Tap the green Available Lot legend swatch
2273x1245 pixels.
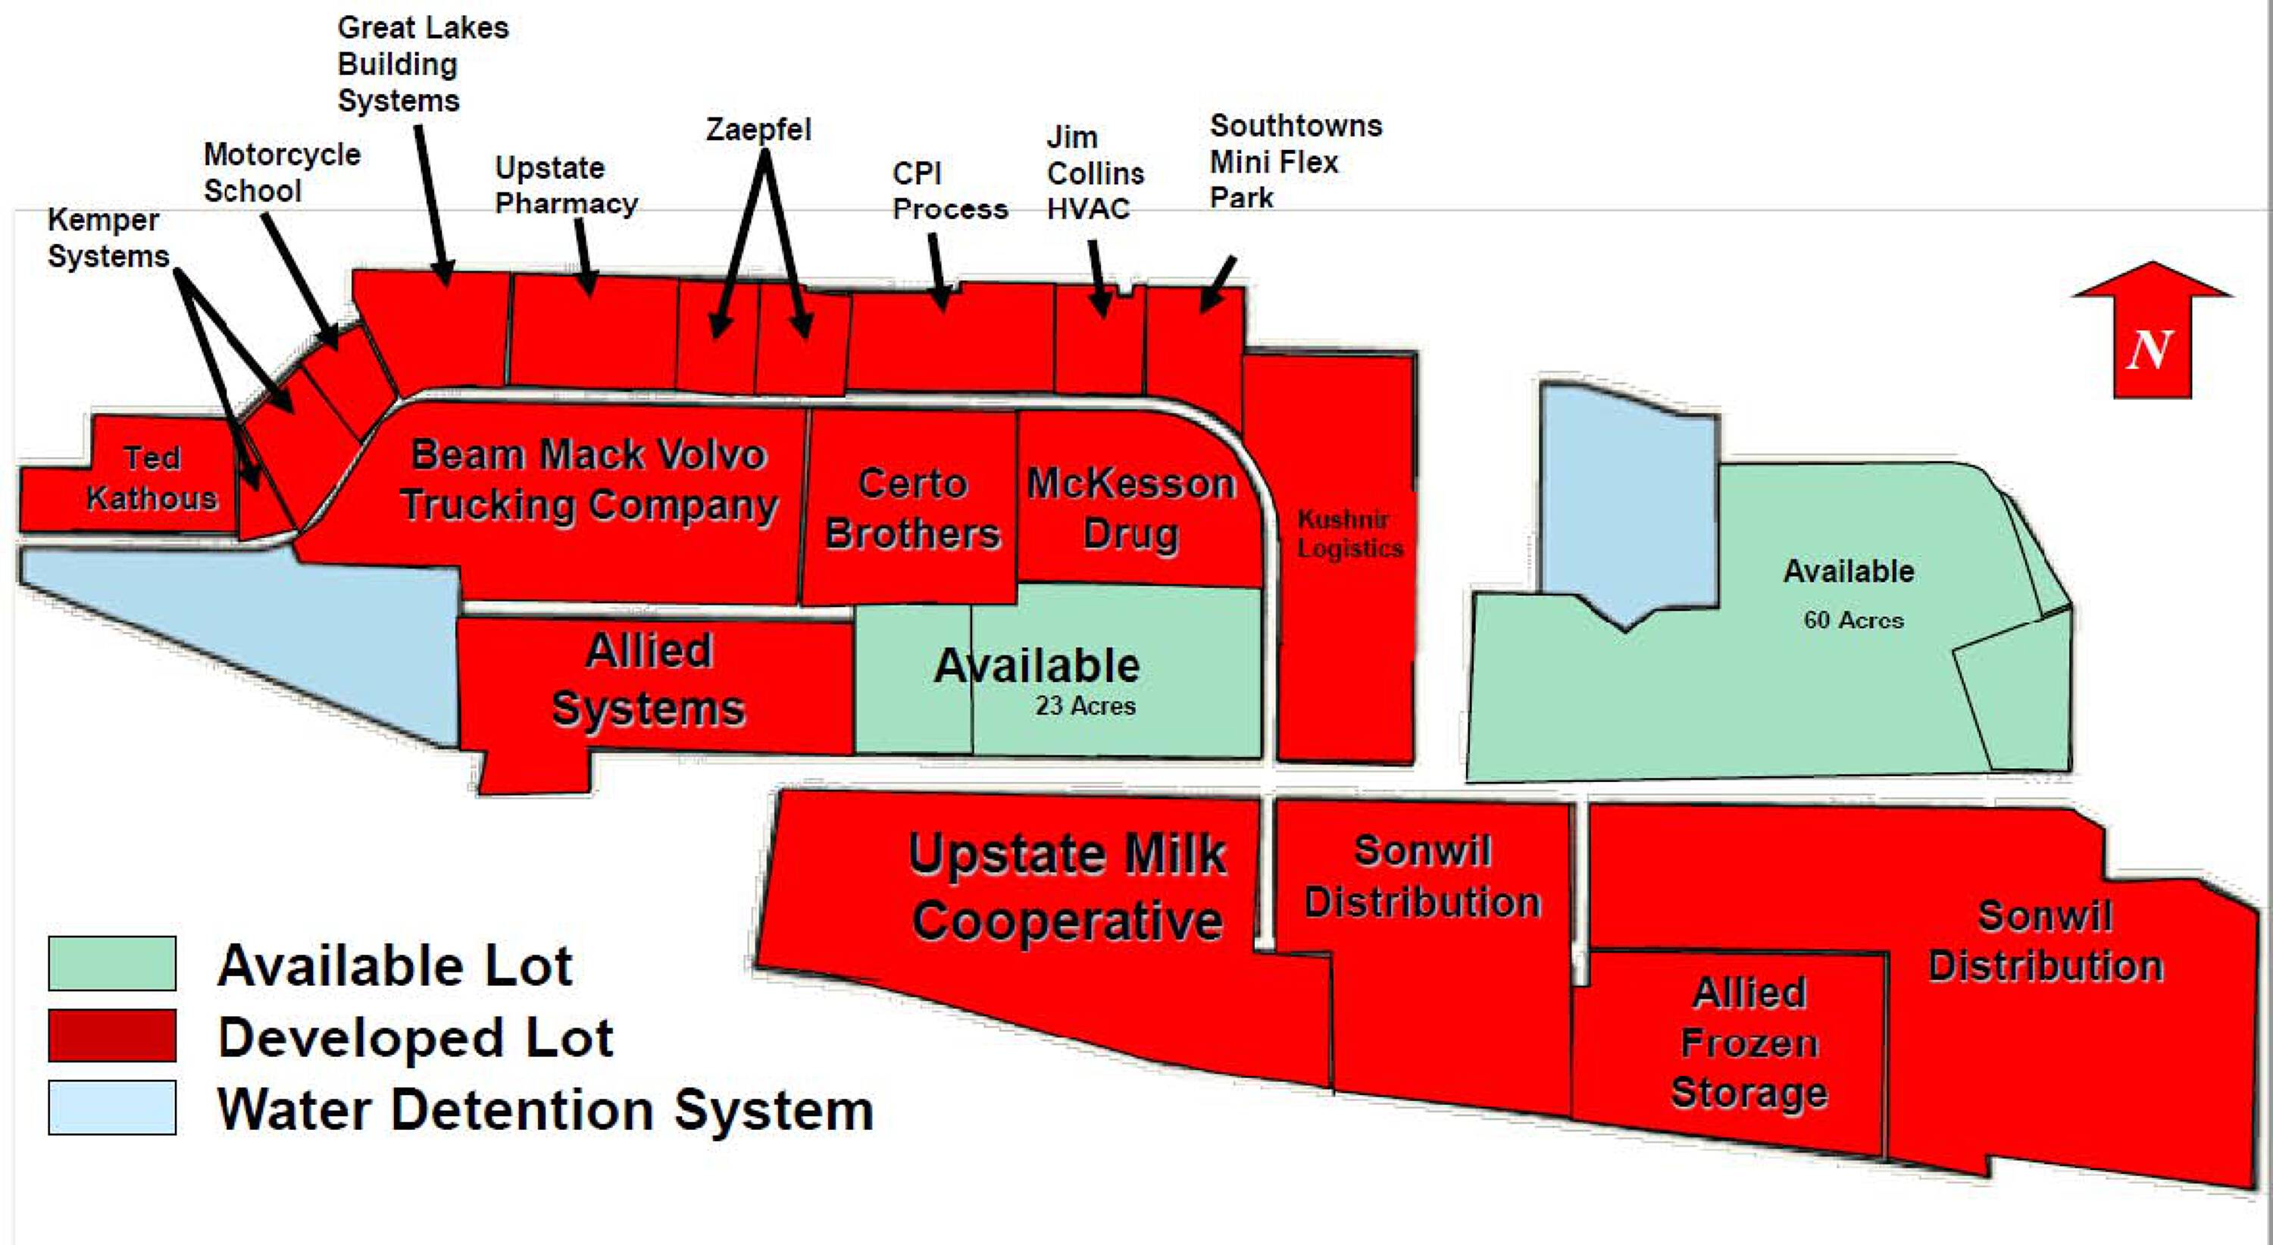coord(112,964)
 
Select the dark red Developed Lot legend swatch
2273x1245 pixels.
coord(112,1035)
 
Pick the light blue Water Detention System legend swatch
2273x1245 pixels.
coord(112,1106)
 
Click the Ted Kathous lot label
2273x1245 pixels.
coord(152,478)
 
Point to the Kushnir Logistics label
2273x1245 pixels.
coord(1349,533)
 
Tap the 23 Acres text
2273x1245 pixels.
coord(1085,706)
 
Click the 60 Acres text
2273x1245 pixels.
coord(1853,621)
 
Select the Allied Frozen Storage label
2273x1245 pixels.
coord(1749,1043)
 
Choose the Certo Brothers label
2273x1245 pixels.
coord(912,509)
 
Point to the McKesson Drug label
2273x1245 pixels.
coord(1131,509)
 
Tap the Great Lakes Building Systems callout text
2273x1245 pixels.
coord(422,64)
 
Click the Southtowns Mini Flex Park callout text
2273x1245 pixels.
coord(1294,161)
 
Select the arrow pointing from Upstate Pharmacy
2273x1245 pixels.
coord(584,257)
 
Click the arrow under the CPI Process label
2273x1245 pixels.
coord(939,273)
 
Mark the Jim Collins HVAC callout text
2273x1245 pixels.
coord(1094,173)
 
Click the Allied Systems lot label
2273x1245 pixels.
coord(649,680)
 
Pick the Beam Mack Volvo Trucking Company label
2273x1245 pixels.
coord(589,480)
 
